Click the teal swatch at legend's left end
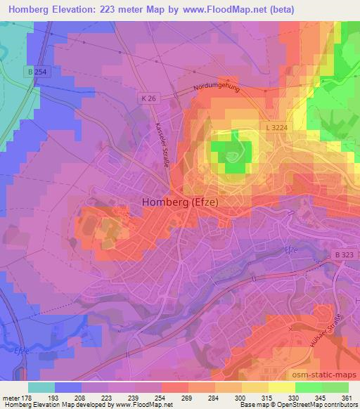41,387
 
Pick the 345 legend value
317,397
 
